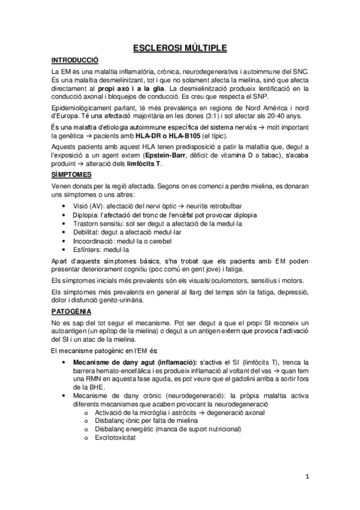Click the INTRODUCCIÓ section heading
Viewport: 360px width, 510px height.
[x=75, y=60]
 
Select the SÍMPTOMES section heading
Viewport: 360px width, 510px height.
[x=72, y=174]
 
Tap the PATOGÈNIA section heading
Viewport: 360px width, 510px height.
[x=72, y=312]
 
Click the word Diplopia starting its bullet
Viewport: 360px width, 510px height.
[x=87, y=214]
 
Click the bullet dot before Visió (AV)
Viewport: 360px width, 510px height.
[x=65, y=206]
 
